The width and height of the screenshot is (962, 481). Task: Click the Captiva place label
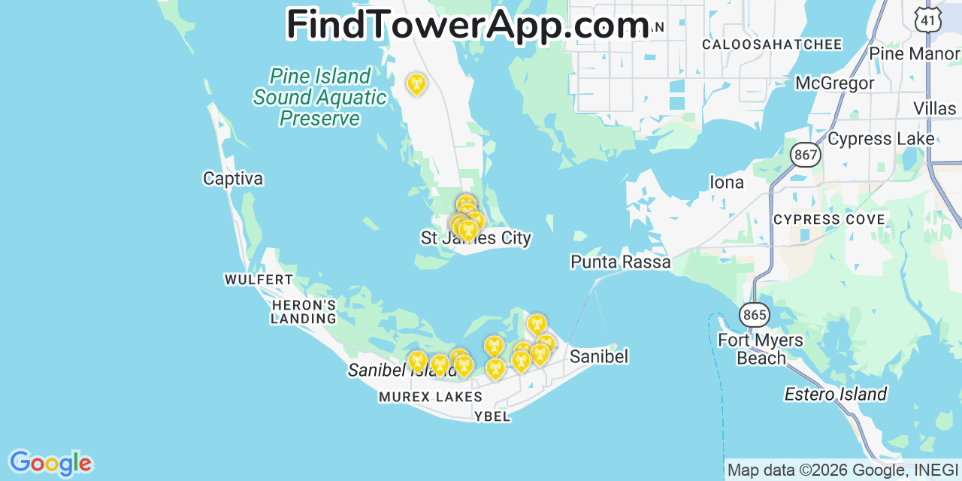(233, 179)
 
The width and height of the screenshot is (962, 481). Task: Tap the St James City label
(476, 239)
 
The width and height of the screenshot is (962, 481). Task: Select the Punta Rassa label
(620, 262)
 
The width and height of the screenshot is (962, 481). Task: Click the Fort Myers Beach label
(761, 349)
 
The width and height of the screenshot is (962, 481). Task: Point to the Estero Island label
(835, 395)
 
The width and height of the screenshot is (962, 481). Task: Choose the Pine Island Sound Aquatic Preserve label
(320, 98)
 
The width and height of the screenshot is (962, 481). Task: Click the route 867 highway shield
(805, 156)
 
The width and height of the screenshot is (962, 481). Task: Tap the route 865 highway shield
(753, 315)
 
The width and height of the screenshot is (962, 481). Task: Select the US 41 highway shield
(929, 20)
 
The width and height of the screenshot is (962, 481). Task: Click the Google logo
(50, 463)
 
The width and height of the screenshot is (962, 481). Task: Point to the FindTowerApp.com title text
(467, 25)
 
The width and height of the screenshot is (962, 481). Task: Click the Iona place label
(727, 183)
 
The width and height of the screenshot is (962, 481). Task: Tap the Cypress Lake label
(881, 139)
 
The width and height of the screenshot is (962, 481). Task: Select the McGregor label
(834, 83)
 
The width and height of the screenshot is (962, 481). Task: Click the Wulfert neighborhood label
(259, 280)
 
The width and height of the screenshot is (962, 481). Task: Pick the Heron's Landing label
(304, 312)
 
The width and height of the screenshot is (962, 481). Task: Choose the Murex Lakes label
(431, 397)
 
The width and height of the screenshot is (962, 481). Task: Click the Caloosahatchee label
(772, 44)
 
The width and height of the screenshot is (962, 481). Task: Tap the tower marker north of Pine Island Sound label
(416, 83)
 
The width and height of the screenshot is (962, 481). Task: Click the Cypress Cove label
(829, 219)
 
